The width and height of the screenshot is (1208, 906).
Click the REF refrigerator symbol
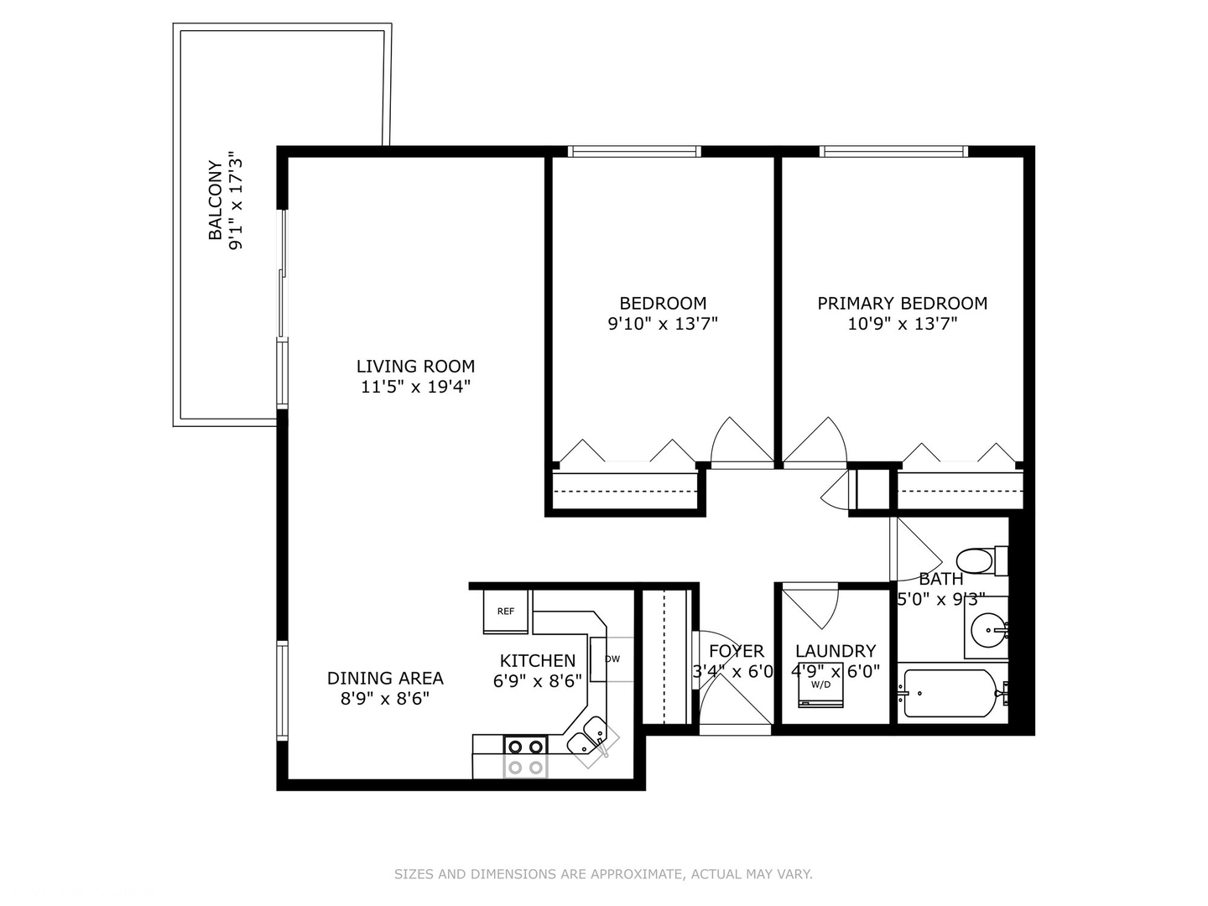click(x=505, y=612)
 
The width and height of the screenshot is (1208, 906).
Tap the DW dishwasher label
click(x=612, y=659)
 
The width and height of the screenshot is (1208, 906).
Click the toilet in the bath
click(x=981, y=560)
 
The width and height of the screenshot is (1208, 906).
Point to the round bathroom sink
click(x=988, y=630)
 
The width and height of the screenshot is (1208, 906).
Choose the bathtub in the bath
click(x=952, y=693)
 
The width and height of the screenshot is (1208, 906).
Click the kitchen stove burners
click(x=526, y=757)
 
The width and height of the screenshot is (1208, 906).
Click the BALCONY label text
click(x=216, y=200)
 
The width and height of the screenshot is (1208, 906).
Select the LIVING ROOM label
click(x=415, y=366)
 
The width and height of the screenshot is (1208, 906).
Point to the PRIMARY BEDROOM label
click(x=902, y=303)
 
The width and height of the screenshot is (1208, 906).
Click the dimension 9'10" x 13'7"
click(x=663, y=324)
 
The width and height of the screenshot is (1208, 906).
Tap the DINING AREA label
click(x=385, y=678)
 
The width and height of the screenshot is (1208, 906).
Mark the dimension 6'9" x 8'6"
click(x=537, y=681)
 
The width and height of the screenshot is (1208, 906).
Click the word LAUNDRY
click(x=836, y=651)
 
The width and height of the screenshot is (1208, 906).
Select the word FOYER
click(x=737, y=651)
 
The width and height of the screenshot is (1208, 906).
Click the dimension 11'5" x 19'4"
click(x=415, y=387)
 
